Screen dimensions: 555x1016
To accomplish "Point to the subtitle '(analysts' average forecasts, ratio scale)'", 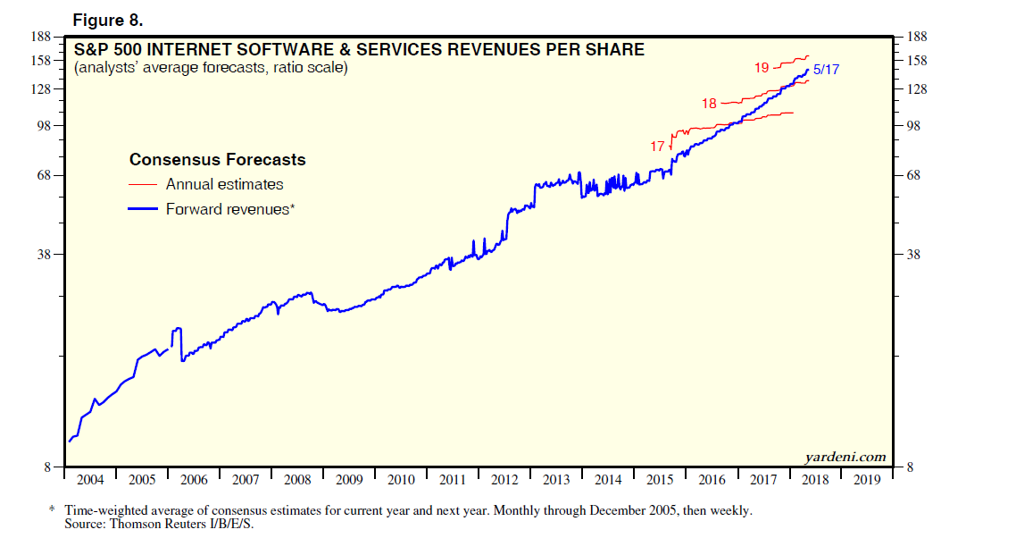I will pos(211,67).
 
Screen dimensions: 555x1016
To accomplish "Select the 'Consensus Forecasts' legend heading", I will pos(217,160).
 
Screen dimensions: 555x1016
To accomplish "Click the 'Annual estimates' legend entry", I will pos(224,184).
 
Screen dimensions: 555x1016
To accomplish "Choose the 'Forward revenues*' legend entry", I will pos(229,209).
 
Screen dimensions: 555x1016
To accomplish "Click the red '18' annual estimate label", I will pos(709,104).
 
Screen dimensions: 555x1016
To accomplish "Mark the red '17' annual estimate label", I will pos(657,146).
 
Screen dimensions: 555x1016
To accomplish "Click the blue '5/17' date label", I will pos(826,70).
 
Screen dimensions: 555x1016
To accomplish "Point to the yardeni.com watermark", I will pos(845,457).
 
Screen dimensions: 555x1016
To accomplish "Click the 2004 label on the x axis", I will pos(90,480).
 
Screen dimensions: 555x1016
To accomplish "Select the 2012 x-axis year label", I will pos(504,480).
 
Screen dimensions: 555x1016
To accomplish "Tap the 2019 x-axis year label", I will pos(866,480).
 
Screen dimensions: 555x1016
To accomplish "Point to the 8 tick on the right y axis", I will pos(911,467).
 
